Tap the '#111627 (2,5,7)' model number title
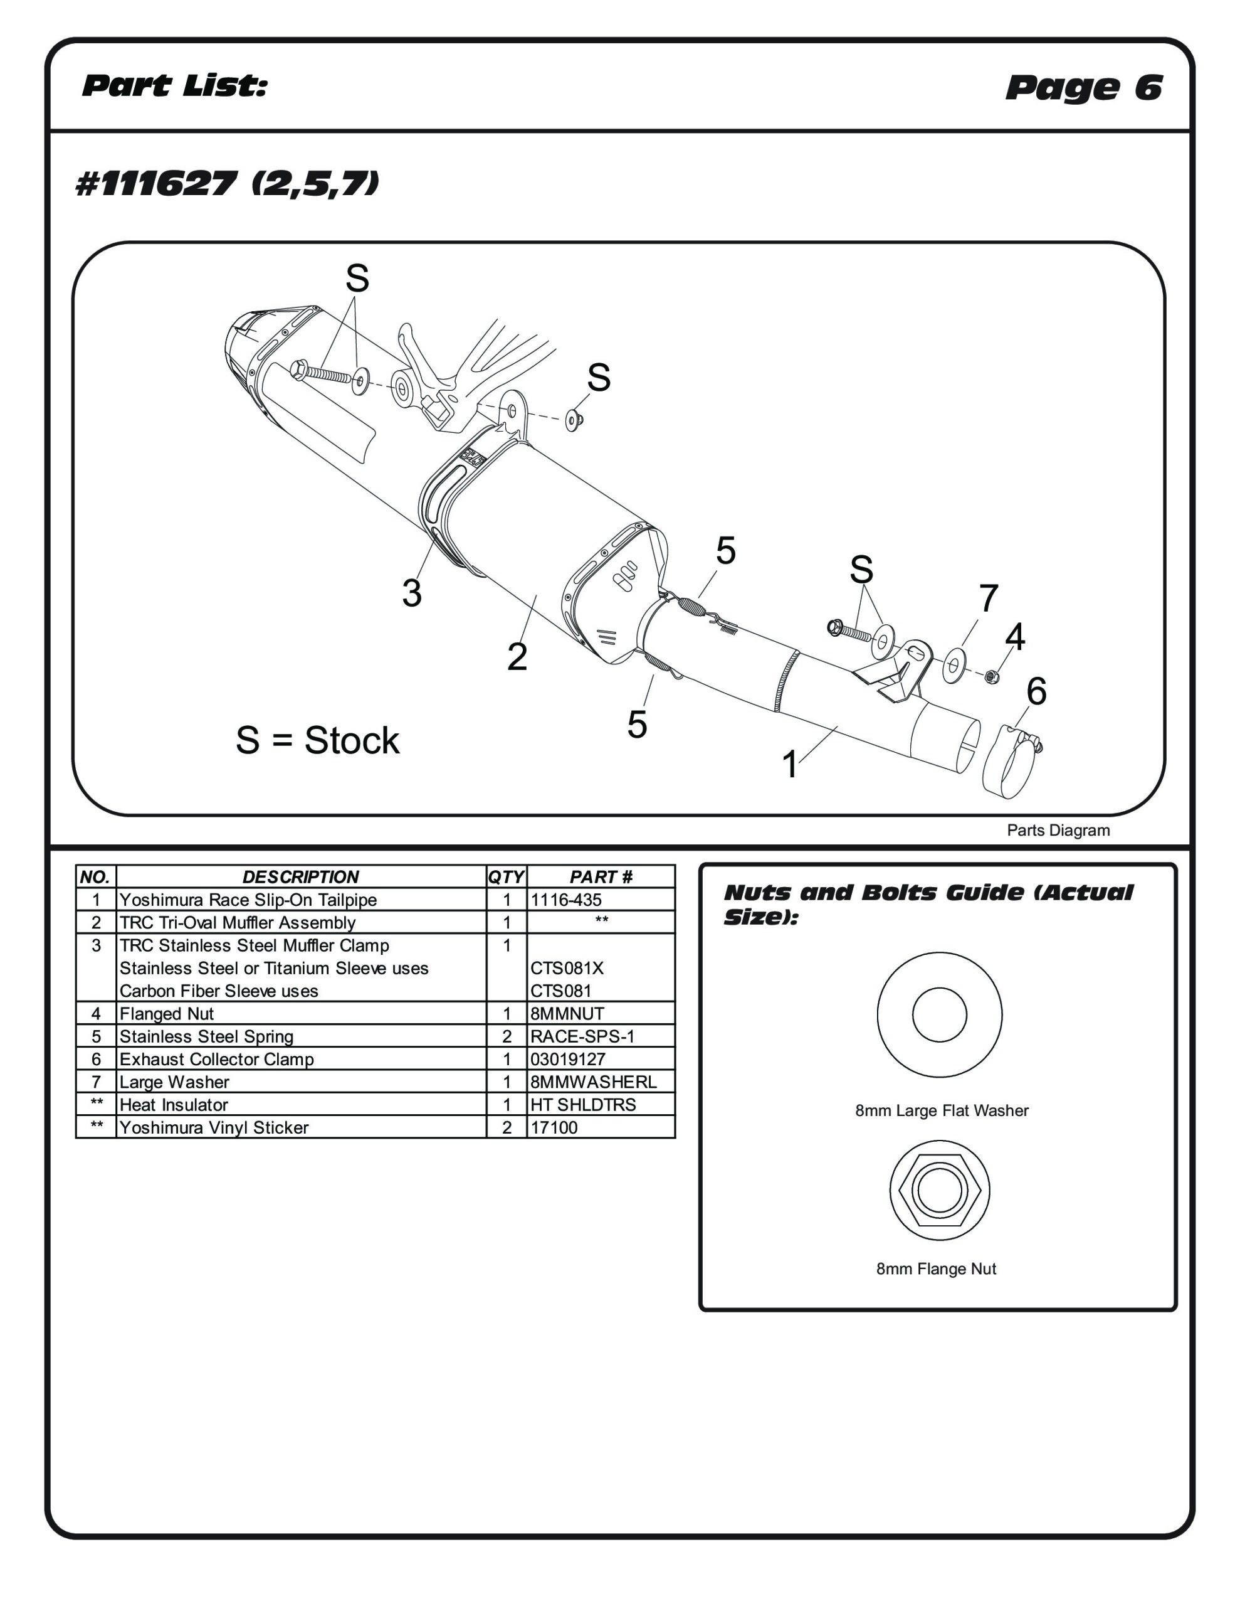(227, 183)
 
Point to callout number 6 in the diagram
(1036, 691)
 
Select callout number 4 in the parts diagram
(1014, 636)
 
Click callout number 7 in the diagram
(988, 598)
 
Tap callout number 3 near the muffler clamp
(412, 593)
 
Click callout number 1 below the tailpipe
(790, 765)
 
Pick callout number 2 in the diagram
(517, 657)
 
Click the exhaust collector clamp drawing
(1010, 761)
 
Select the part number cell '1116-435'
(566, 900)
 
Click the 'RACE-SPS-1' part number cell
(582, 1036)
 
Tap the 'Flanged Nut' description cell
(167, 1013)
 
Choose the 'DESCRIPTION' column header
(301, 876)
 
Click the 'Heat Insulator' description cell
(174, 1105)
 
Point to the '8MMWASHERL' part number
(593, 1082)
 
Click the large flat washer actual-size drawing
(939, 1015)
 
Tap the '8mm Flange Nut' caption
(936, 1268)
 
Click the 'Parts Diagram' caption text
(1058, 830)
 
